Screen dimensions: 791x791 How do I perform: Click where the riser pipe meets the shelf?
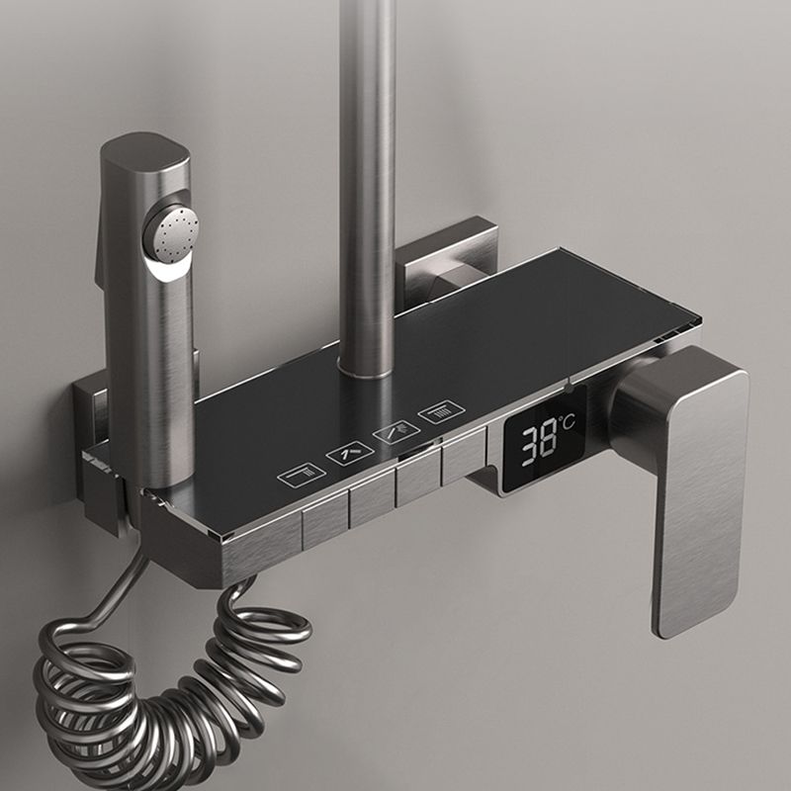point(367,371)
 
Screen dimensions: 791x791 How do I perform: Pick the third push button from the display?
point(372,498)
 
